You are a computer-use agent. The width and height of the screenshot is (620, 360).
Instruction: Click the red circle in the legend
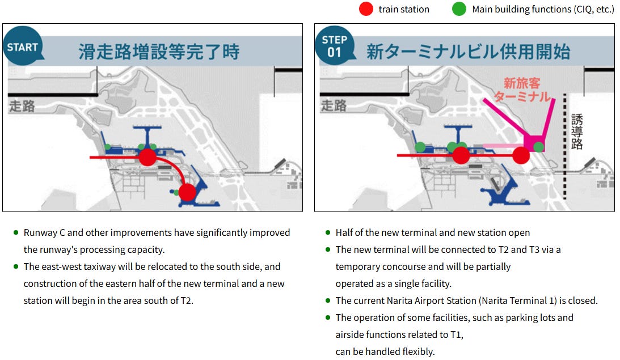[366, 9]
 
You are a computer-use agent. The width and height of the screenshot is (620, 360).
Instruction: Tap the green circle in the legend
[459, 9]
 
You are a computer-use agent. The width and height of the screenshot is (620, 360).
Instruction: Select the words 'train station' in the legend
[404, 9]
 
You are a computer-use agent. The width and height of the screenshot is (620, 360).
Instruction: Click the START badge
[22, 47]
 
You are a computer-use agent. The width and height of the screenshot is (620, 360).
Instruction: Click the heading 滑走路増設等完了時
[159, 52]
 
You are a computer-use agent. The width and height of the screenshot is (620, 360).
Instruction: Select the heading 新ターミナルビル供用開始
[468, 52]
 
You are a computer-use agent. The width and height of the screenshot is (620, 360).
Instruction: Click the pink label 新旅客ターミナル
[522, 90]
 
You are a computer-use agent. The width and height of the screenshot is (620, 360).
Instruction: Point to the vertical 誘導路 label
[577, 132]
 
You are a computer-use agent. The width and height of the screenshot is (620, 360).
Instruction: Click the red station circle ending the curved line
[187, 192]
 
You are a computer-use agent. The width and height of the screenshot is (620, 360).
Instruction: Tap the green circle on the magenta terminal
[539, 147]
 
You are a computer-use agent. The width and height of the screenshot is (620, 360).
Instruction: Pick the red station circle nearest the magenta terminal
[521, 155]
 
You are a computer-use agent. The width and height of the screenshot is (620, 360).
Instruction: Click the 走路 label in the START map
[22, 105]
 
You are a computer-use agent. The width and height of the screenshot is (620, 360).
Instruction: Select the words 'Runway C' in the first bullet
[43, 232]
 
